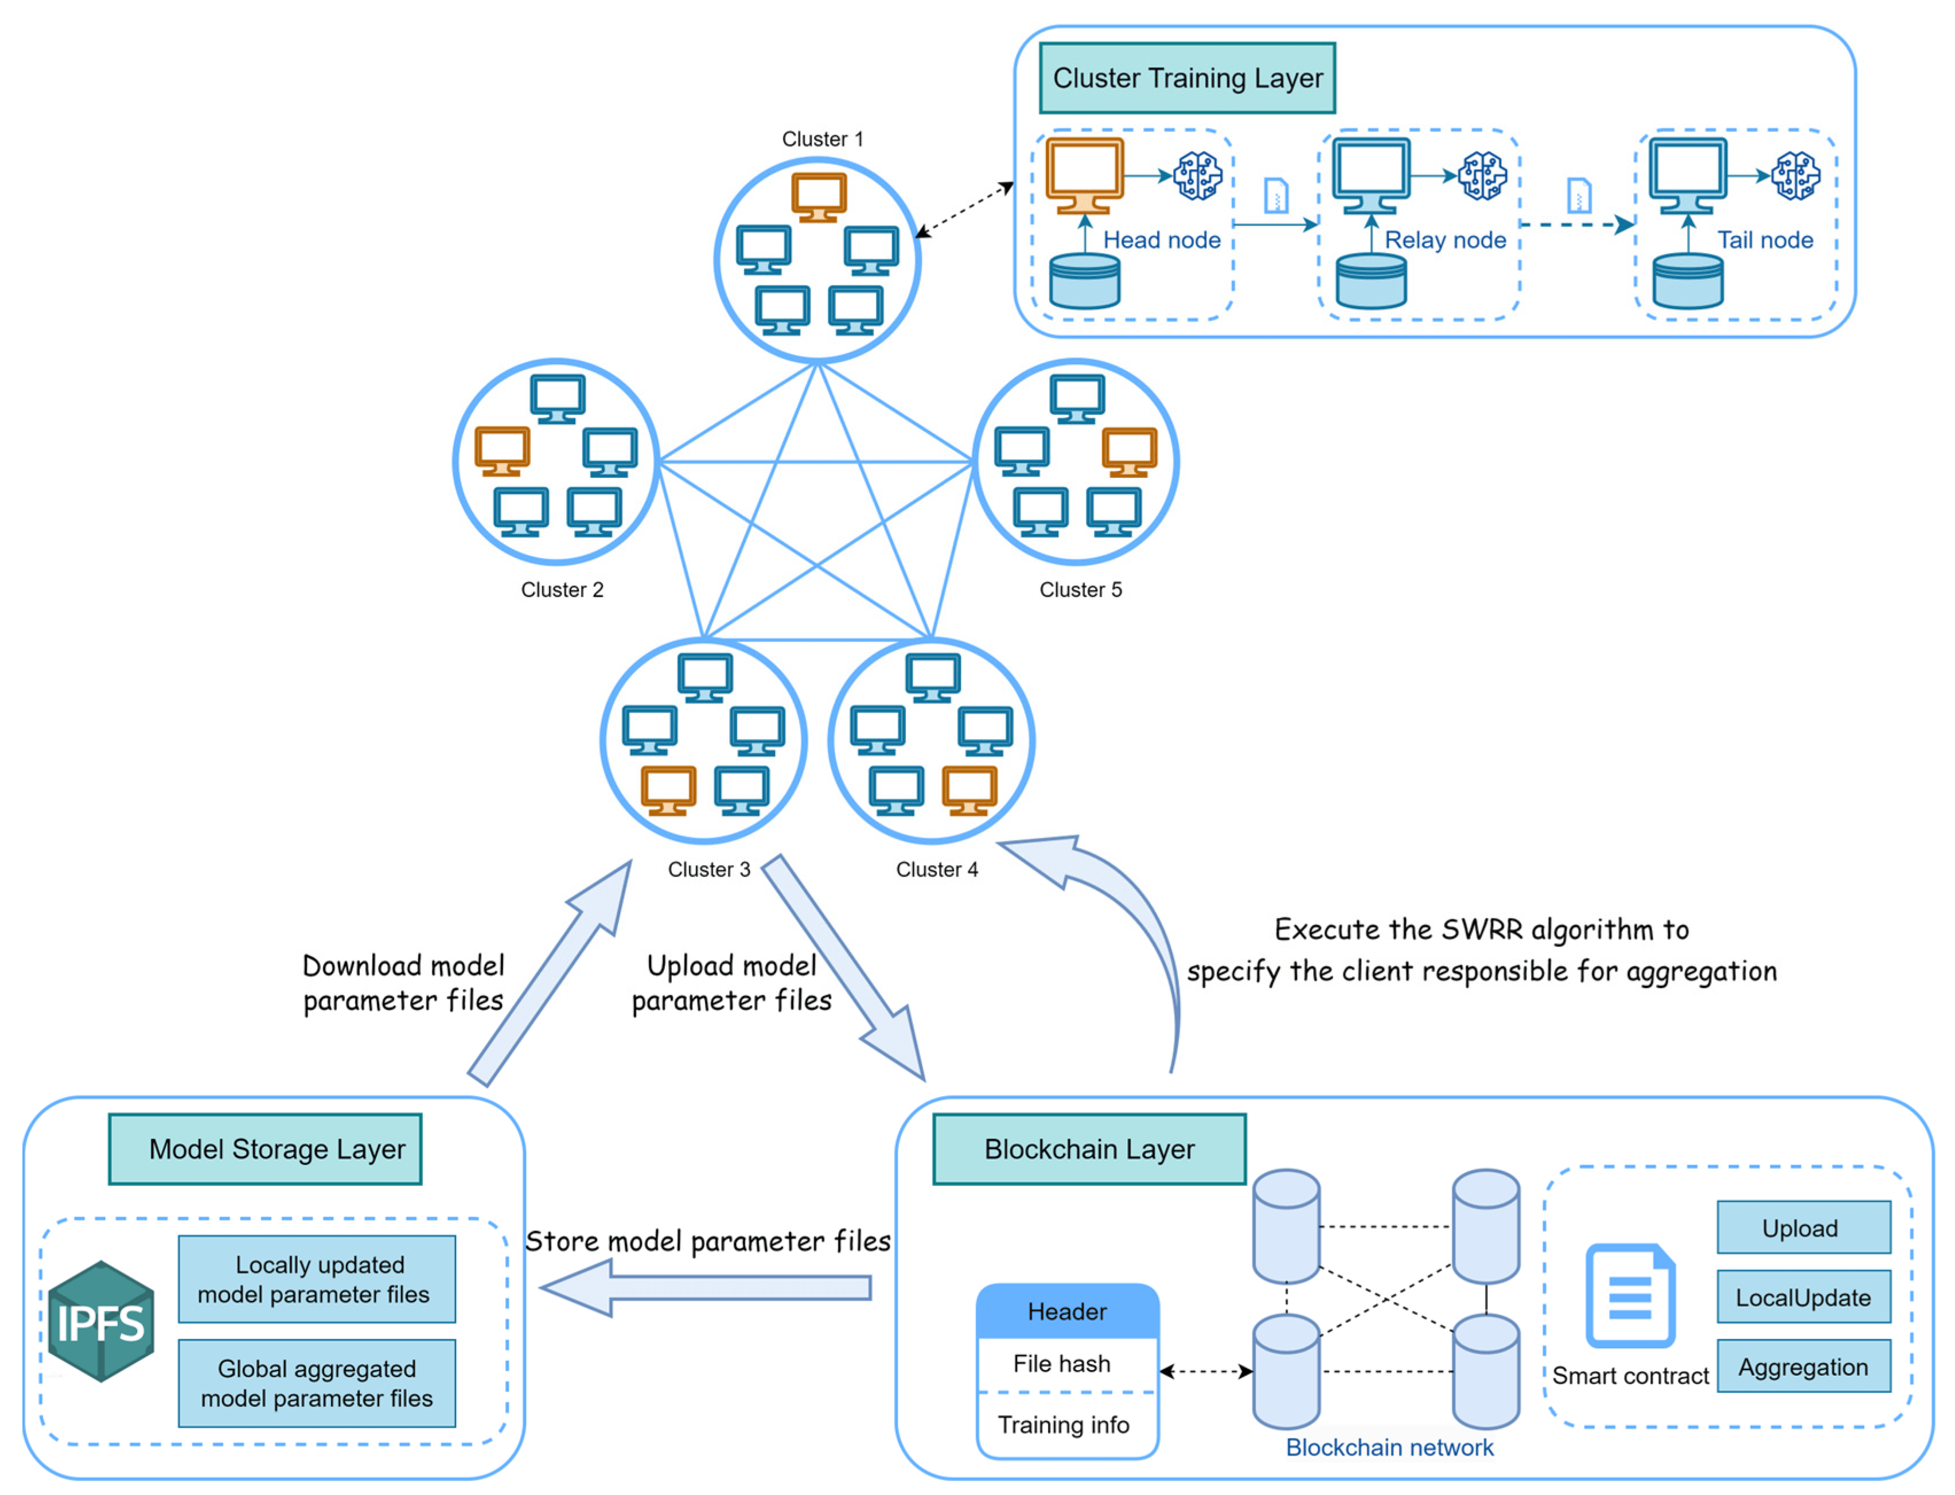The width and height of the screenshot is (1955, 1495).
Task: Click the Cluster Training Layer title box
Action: pos(1186,79)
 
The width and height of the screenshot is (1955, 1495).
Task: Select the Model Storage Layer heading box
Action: pos(265,1149)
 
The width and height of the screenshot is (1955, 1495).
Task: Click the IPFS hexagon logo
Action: pos(100,1322)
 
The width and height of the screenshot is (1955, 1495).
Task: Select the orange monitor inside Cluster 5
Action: pos(1128,451)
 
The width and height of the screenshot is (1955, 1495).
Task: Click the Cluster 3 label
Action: pos(708,870)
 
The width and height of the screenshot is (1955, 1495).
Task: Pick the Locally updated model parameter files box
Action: pos(316,1279)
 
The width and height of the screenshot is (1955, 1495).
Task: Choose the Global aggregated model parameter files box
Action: pos(316,1383)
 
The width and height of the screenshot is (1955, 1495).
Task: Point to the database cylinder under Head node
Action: pos(1084,281)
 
